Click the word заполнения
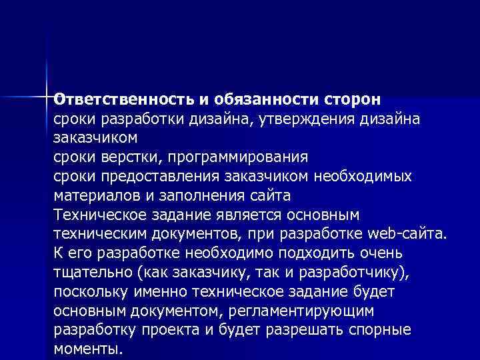(x=203, y=196)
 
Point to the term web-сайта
(x=409, y=235)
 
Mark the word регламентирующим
(x=307, y=312)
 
